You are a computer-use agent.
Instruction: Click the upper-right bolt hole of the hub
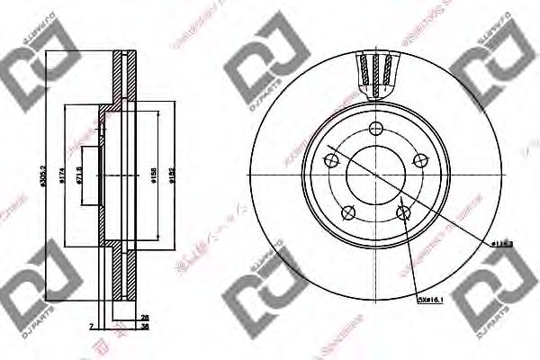[418, 160]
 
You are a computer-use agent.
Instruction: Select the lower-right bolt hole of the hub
[403, 211]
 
